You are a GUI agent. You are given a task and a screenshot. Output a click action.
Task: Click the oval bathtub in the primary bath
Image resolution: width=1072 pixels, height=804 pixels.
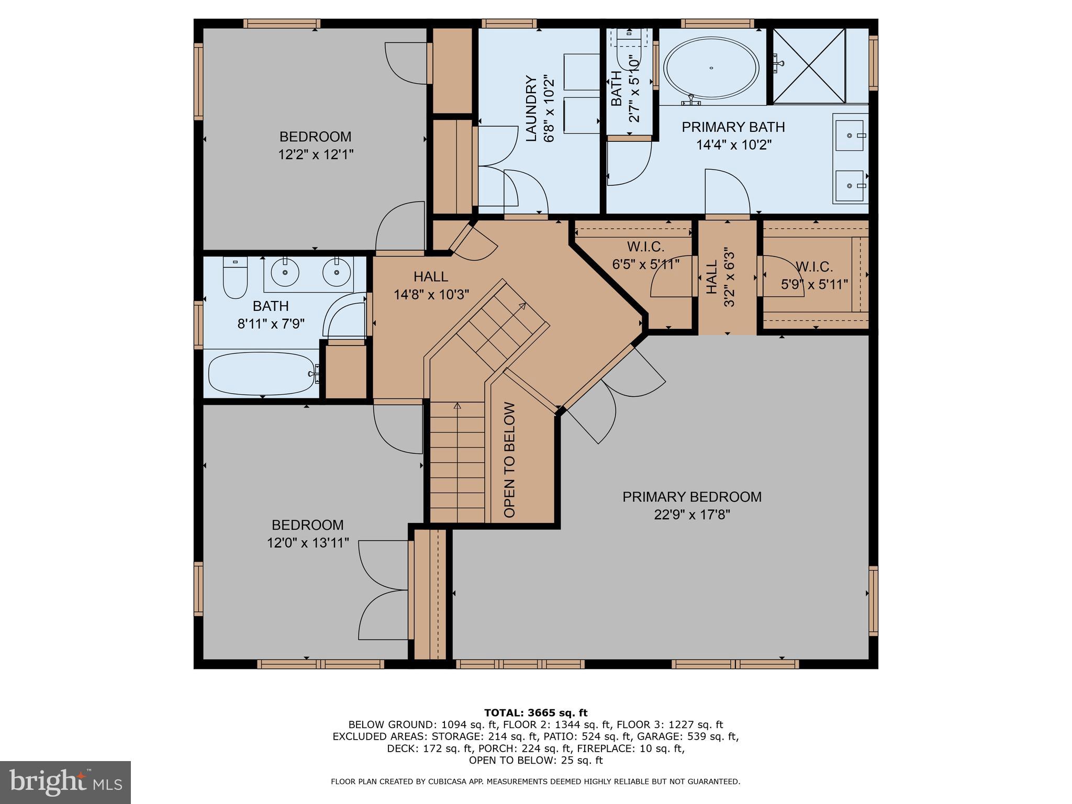point(711,68)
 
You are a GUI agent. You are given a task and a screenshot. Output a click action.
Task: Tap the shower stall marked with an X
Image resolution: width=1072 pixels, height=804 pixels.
point(809,65)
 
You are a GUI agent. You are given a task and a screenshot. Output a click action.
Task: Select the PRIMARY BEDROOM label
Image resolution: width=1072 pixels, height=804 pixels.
point(691,497)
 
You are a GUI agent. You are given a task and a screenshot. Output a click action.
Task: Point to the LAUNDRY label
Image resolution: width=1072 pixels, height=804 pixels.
point(531,108)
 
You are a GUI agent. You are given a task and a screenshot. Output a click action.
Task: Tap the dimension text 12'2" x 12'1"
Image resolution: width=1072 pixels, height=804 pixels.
point(316,155)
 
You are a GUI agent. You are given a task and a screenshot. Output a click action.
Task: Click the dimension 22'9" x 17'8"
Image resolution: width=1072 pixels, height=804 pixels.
point(691,515)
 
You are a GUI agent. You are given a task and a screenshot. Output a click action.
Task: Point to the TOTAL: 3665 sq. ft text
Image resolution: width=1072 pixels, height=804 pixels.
point(535,712)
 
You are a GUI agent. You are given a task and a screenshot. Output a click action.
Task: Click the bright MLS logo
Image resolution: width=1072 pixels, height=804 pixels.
point(65,782)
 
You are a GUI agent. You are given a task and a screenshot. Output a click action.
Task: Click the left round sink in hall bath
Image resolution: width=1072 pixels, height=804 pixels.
point(285,272)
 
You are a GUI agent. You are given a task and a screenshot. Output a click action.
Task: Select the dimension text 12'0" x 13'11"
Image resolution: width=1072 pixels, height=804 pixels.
point(307,543)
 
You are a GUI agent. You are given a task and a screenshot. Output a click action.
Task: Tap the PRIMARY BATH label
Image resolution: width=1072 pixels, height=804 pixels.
point(733,127)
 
